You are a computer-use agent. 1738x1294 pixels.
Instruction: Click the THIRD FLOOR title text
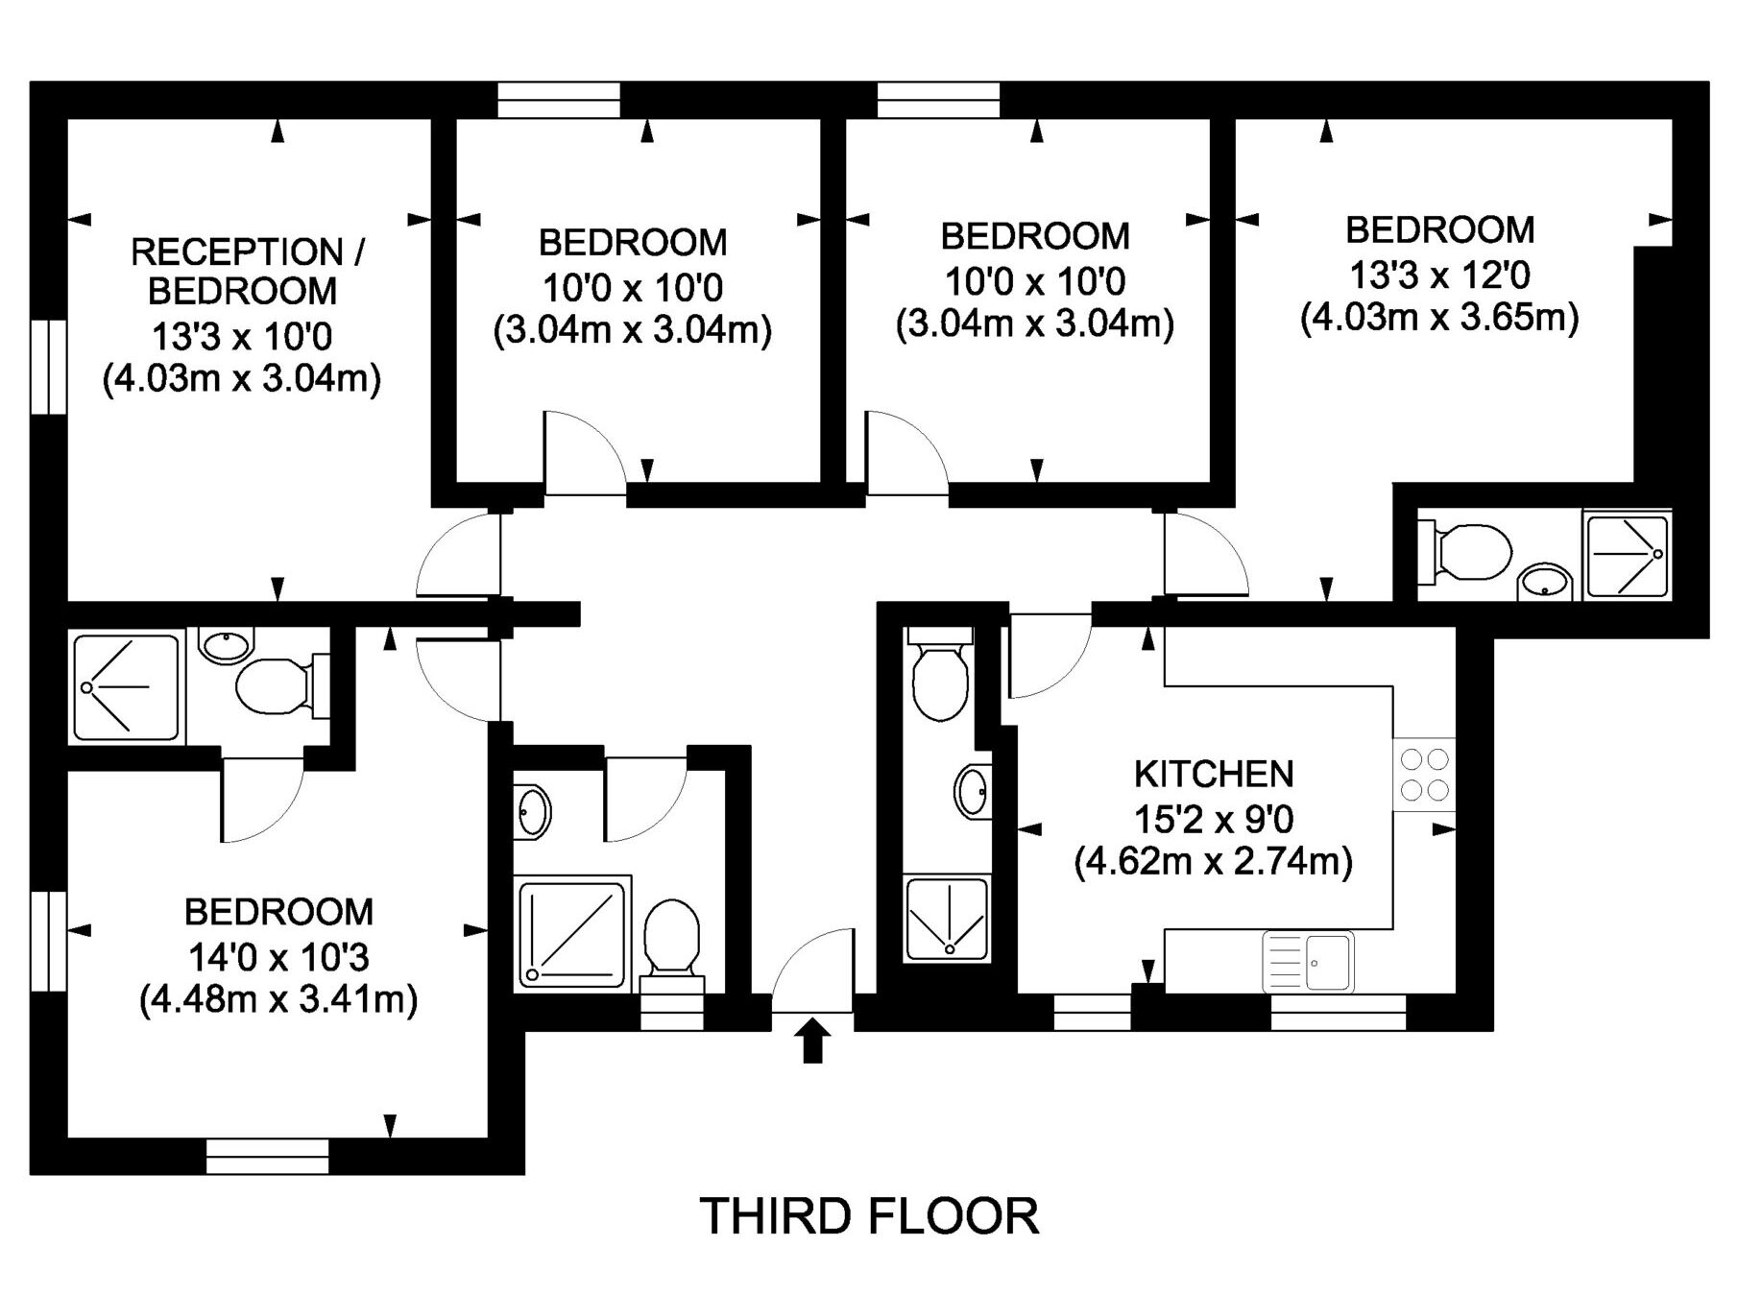(x=869, y=1216)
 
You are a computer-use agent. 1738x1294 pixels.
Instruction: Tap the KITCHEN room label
(x=1214, y=774)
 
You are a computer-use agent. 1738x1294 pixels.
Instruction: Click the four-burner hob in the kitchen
(x=1425, y=774)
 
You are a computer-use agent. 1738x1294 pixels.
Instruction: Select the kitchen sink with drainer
(x=1308, y=961)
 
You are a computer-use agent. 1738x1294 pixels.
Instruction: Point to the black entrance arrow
(x=813, y=1041)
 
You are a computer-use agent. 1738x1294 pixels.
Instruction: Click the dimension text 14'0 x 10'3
(x=278, y=957)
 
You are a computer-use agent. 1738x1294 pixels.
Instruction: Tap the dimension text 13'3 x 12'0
(x=1439, y=276)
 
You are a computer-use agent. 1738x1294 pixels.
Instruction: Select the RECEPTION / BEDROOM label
(x=247, y=271)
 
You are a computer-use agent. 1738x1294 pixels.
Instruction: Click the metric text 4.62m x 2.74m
(x=1214, y=861)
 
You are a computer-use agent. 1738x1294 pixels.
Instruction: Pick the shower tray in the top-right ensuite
(x=1628, y=555)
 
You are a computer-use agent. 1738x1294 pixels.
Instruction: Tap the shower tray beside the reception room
(x=126, y=686)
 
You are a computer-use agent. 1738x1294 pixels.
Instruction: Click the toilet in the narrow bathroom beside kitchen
(x=939, y=673)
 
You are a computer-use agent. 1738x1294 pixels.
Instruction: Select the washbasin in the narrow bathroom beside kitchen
(x=973, y=791)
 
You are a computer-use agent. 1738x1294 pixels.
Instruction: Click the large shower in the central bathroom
(x=572, y=932)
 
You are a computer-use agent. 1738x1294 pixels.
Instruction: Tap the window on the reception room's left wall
(x=48, y=367)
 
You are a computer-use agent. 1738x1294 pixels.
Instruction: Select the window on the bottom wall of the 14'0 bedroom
(x=268, y=1156)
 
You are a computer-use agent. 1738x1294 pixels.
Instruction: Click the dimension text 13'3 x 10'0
(x=242, y=337)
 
